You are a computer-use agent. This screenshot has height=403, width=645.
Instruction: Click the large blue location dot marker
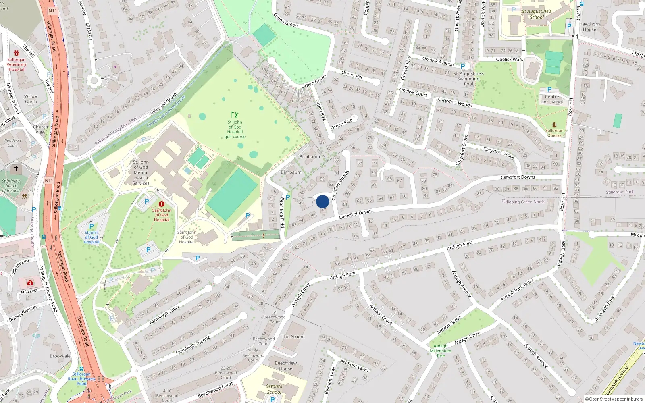pyautogui.click(x=322, y=201)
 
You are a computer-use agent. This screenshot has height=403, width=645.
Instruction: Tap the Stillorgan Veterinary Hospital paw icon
pyautogui.click(x=17, y=53)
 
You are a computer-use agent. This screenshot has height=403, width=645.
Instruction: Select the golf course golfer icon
pyautogui.click(x=235, y=115)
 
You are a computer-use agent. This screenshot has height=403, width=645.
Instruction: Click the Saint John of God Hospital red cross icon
pyautogui.click(x=162, y=204)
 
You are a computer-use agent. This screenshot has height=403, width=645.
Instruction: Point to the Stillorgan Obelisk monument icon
pyautogui.click(x=554, y=125)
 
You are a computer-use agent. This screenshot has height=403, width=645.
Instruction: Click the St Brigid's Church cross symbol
pyautogui.click(x=16, y=169)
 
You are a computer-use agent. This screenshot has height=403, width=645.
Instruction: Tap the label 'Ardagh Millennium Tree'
pyautogui.click(x=441, y=351)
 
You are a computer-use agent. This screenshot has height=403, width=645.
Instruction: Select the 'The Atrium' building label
pyautogui.click(x=293, y=337)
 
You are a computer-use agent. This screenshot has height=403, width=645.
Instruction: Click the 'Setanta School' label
pyautogui.click(x=274, y=389)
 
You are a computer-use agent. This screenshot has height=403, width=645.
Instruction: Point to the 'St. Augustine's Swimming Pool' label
pyautogui.click(x=468, y=79)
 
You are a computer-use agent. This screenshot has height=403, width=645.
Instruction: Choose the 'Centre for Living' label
pyautogui.click(x=552, y=99)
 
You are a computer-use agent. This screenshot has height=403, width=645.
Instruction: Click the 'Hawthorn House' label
pyautogui.click(x=589, y=27)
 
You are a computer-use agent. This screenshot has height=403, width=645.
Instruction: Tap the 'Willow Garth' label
pyautogui.click(x=31, y=99)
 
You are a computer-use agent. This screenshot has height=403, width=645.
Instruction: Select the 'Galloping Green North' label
pyautogui.click(x=523, y=202)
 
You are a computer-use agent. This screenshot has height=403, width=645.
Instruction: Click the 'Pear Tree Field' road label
pyautogui.click(x=282, y=213)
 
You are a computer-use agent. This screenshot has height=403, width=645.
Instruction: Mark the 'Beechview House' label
pyautogui.click(x=286, y=366)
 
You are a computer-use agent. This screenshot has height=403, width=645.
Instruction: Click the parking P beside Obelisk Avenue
pyautogui.click(x=463, y=66)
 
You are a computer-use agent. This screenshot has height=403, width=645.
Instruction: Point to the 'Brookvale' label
pyautogui.click(x=60, y=356)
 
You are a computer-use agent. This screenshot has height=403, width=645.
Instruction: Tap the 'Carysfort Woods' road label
pyautogui.click(x=455, y=102)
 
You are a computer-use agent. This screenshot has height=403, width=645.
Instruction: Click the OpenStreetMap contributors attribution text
pyautogui.click(x=614, y=399)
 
